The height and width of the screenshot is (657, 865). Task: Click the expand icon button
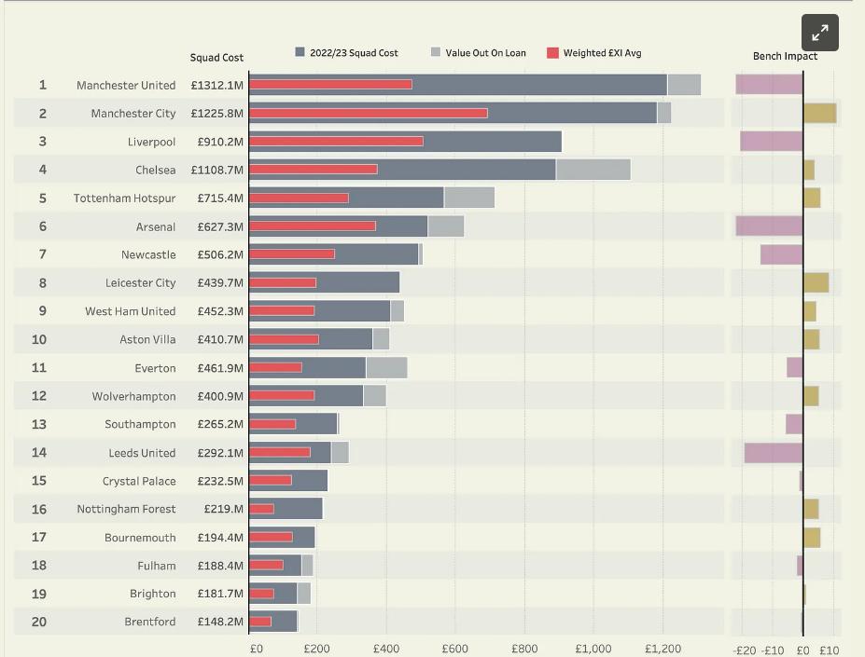click(x=820, y=33)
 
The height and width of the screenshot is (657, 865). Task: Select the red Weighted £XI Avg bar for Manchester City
click(x=369, y=113)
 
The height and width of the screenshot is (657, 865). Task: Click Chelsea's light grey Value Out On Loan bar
click(x=593, y=170)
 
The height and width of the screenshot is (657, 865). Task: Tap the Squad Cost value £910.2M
click(x=220, y=142)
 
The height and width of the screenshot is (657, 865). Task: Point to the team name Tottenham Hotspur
click(x=125, y=198)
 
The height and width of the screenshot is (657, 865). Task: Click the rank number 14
click(x=38, y=453)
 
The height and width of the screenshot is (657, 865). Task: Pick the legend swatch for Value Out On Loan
click(x=436, y=52)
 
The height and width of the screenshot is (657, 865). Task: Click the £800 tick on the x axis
click(x=524, y=649)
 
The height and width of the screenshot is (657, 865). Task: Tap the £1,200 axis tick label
click(x=663, y=649)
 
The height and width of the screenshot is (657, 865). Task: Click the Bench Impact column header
click(x=785, y=56)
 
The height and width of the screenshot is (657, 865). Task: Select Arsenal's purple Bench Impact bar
click(x=769, y=226)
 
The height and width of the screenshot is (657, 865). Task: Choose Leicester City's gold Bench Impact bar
click(x=816, y=282)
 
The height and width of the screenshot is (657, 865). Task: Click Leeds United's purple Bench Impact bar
click(x=774, y=453)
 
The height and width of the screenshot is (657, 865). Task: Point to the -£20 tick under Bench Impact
click(x=745, y=650)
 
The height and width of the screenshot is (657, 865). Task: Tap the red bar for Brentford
click(x=260, y=622)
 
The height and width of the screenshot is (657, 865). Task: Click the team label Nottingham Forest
click(x=126, y=509)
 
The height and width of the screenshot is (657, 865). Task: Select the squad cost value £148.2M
click(x=220, y=622)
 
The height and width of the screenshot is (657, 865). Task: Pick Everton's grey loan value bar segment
click(x=386, y=367)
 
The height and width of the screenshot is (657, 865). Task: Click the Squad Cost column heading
click(x=216, y=58)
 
